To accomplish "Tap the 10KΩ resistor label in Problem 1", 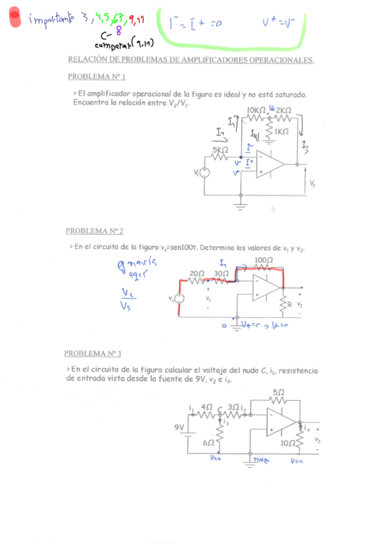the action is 256,110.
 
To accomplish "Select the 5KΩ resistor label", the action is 221,150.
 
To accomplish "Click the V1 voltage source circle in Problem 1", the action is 204,173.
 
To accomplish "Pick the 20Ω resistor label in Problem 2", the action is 197,274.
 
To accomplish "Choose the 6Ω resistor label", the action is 209,443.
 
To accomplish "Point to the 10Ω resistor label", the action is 288,443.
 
